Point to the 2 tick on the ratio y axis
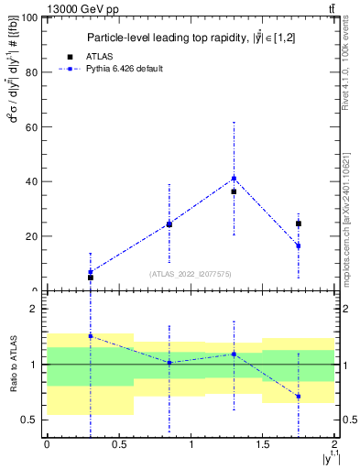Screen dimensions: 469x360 coord(37,309)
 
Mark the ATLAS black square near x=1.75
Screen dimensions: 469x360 coord(298,224)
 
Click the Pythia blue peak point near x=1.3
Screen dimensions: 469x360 coord(234,179)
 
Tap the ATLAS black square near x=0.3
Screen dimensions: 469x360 coord(90,278)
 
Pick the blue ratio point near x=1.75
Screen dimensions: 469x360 coord(298,397)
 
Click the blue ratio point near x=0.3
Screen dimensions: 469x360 coord(90,336)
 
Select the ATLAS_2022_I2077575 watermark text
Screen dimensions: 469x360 coord(191,273)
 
